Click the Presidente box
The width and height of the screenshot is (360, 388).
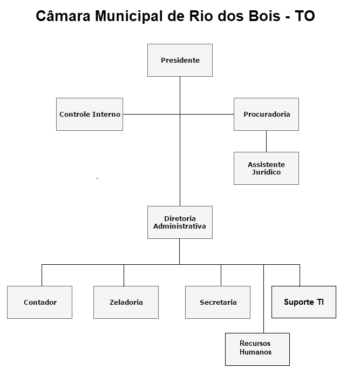click(x=180, y=60)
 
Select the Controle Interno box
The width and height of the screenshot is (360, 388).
click(x=90, y=114)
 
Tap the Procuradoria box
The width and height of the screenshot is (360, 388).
click(x=266, y=114)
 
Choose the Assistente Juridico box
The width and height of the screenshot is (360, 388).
click(x=266, y=168)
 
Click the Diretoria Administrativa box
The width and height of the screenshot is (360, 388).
click(x=180, y=222)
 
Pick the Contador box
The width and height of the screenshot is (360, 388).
click(x=39, y=302)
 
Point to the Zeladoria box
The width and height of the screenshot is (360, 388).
click(x=126, y=302)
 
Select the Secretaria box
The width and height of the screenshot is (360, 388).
click(x=218, y=302)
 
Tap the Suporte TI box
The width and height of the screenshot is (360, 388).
click(x=303, y=302)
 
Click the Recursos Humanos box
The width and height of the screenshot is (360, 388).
click(x=257, y=349)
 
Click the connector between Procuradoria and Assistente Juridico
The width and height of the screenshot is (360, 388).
click(x=266, y=141)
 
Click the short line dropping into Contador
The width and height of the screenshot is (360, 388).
click(x=42, y=275)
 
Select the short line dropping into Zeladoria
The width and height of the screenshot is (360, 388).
click(x=124, y=275)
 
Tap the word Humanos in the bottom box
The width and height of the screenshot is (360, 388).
click(x=255, y=352)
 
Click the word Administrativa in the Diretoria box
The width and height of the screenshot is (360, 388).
click(x=180, y=226)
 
